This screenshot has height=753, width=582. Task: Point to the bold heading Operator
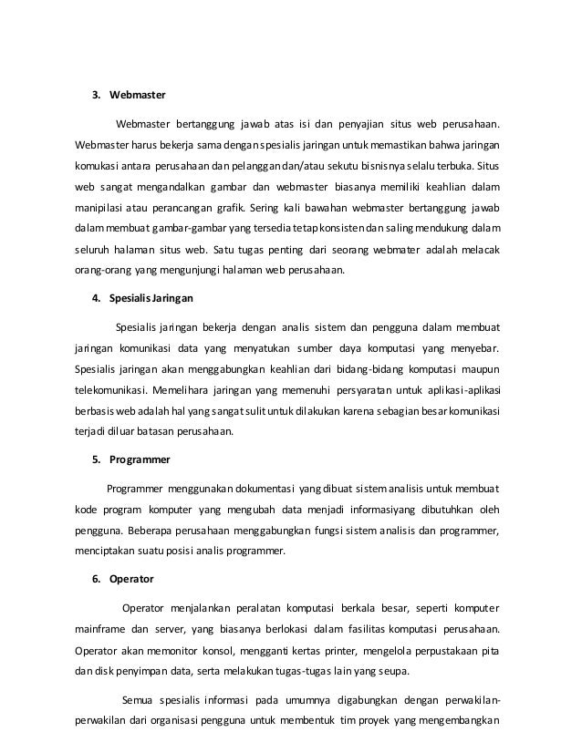pos(131,578)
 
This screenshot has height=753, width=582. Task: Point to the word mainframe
pos(99,628)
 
